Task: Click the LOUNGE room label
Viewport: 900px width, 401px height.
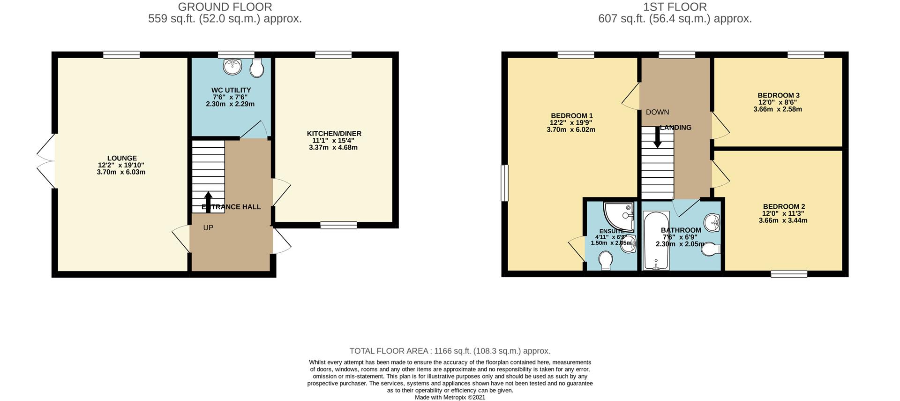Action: pyautogui.click(x=122, y=159)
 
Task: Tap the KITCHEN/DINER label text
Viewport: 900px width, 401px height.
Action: pyautogui.click(x=334, y=134)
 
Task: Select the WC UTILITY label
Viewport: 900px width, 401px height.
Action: pyautogui.click(x=231, y=90)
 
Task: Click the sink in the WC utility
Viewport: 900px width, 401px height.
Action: pyautogui.click(x=232, y=67)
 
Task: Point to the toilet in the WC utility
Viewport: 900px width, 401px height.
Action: pyautogui.click(x=256, y=68)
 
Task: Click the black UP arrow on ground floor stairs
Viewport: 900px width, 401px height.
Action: pyautogui.click(x=208, y=199)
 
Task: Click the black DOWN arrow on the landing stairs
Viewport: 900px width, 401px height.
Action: pyautogui.click(x=658, y=138)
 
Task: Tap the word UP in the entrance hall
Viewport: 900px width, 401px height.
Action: pyautogui.click(x=208, y=227)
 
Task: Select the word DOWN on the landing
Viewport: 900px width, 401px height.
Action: pyautogui.click(x=657, y=112)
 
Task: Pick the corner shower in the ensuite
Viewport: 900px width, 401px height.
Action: pyautogui.click(x=619, y=217)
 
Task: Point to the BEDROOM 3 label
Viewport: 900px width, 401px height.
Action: pyautogui.click(x=778, y=95)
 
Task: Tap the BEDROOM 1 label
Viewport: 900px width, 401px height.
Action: pyautogui.click(x=571, y=116)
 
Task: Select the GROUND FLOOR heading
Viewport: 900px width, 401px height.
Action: pyautogui.click(x=225, y=7)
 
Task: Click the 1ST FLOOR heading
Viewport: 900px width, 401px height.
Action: pyautogui.click(x=675, y=7)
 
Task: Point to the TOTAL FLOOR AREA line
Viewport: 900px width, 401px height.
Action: pyautogui.click(x=450, y=351)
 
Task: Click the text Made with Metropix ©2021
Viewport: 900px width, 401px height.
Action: pyautogui.click(x=450, y=397)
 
